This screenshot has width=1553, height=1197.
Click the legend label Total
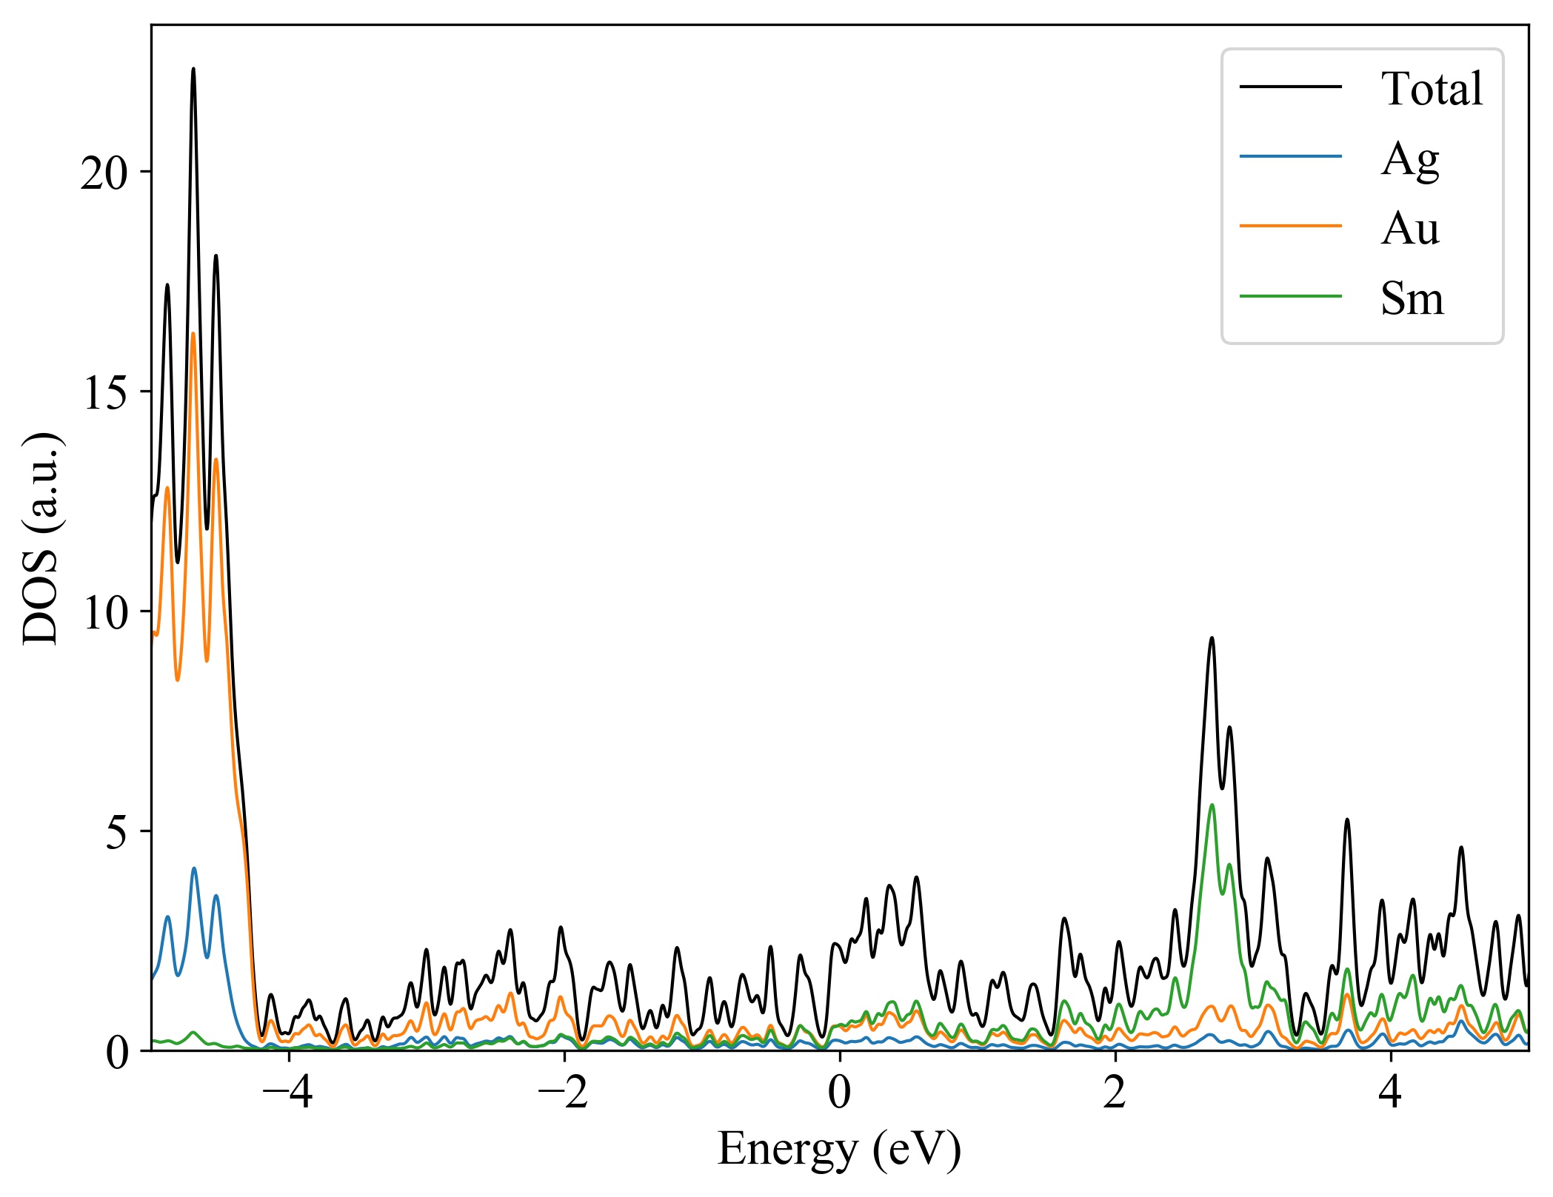pyautogui.click(x=1431, y=89)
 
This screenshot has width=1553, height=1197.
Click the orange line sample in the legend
pyautogui.click(x=1290, y=226)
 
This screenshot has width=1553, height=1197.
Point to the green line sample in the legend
pyautogui.click(x=1290, y=296)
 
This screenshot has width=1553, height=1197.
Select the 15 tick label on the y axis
pyautogui.click(x=104, y=394)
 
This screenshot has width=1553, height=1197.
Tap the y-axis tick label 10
pyautogui.click(x=104, y=614)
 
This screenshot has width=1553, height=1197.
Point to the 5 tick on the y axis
pyautogui.click(x=117, y=834)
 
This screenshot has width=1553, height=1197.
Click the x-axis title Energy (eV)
pyautogui.click(x=839, y=1150)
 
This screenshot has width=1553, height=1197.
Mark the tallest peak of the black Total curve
pyautogui.click(x=193, y=70)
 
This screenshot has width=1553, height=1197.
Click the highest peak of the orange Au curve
pyautogui.click(x=193, y=334)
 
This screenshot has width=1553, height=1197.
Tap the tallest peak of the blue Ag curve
pyautogui.click(x=194, y=868)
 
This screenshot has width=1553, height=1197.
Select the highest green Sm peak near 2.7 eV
pyautogui.click(x=1212, y=805)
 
